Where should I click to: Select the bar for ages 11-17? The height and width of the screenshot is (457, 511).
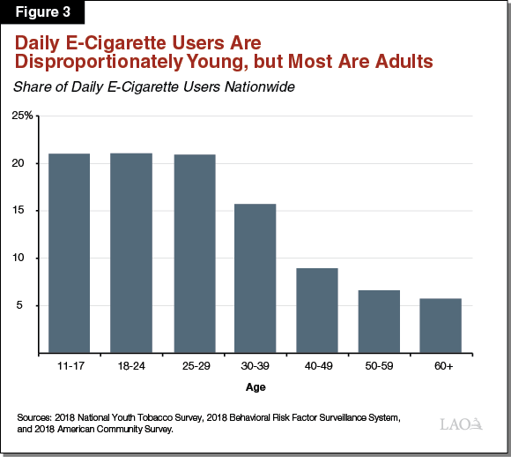tap(69, 253)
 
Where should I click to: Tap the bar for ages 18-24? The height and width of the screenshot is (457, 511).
tap(130, 253)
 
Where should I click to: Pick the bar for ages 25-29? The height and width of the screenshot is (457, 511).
tap(193, 253)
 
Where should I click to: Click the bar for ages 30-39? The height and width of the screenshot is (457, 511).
tap(255, 278)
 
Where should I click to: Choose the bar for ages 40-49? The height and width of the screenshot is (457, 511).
tap(316, 310)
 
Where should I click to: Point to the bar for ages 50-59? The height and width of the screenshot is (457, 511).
tap(379, 321)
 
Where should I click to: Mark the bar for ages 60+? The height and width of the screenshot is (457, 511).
tap(441, 326)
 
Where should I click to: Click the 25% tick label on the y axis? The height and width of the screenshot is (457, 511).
tap(22, 116)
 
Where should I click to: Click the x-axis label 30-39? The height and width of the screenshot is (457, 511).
tap(255, 365)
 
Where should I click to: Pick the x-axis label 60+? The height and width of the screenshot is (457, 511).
tap(441, 365)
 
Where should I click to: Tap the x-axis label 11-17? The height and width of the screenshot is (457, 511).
tap(69, 365)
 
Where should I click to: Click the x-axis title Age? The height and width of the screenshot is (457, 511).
tap(255, 386)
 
